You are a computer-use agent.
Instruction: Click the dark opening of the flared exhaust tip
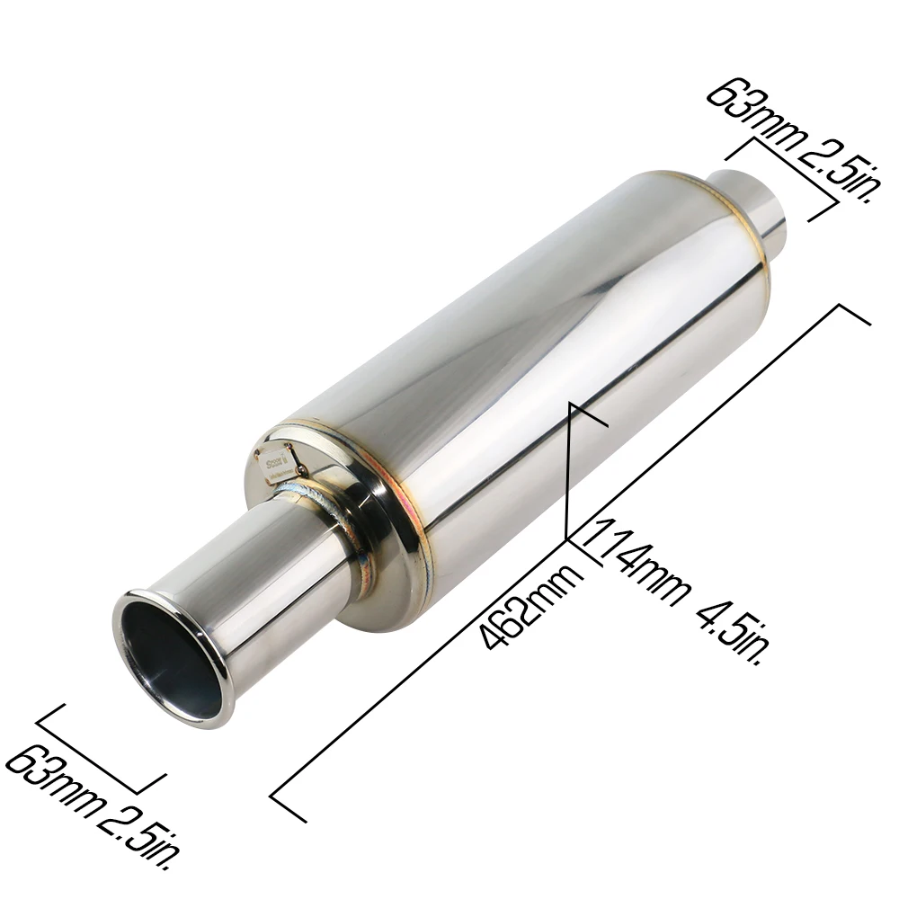(x=166, y=661)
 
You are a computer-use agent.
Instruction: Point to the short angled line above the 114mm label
(x=575, y=458)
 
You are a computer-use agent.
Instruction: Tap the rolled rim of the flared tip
(x=171, y=656)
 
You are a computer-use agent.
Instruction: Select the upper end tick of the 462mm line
(x=854, y=315)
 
